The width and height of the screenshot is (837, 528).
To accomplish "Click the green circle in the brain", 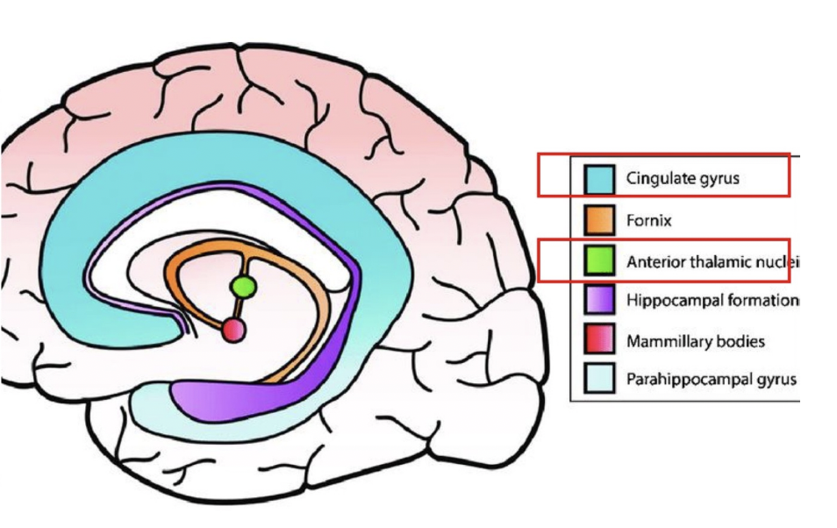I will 243,286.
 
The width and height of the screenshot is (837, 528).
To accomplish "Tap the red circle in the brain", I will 232,330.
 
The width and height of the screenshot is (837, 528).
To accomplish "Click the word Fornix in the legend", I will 648,220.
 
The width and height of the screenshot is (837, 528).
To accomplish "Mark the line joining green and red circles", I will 238,309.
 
